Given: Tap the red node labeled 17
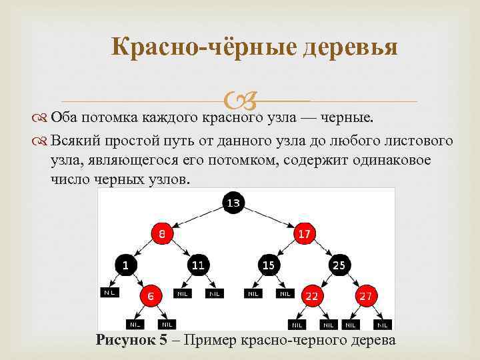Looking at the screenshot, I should (305, 233).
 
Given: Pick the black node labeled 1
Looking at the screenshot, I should (125, 265).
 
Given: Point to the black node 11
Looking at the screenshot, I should (198, 265).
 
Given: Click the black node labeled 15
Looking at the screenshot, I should (269, 265).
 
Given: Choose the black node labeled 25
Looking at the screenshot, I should (339, 265).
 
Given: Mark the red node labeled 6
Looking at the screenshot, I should (151, 295).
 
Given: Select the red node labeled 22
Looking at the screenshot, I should (311, 295).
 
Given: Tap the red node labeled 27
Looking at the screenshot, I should (365, 295).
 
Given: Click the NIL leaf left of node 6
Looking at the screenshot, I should (109, 292).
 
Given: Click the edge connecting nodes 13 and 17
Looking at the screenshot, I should (269, 217).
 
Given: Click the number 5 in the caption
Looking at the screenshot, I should (164, 340).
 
